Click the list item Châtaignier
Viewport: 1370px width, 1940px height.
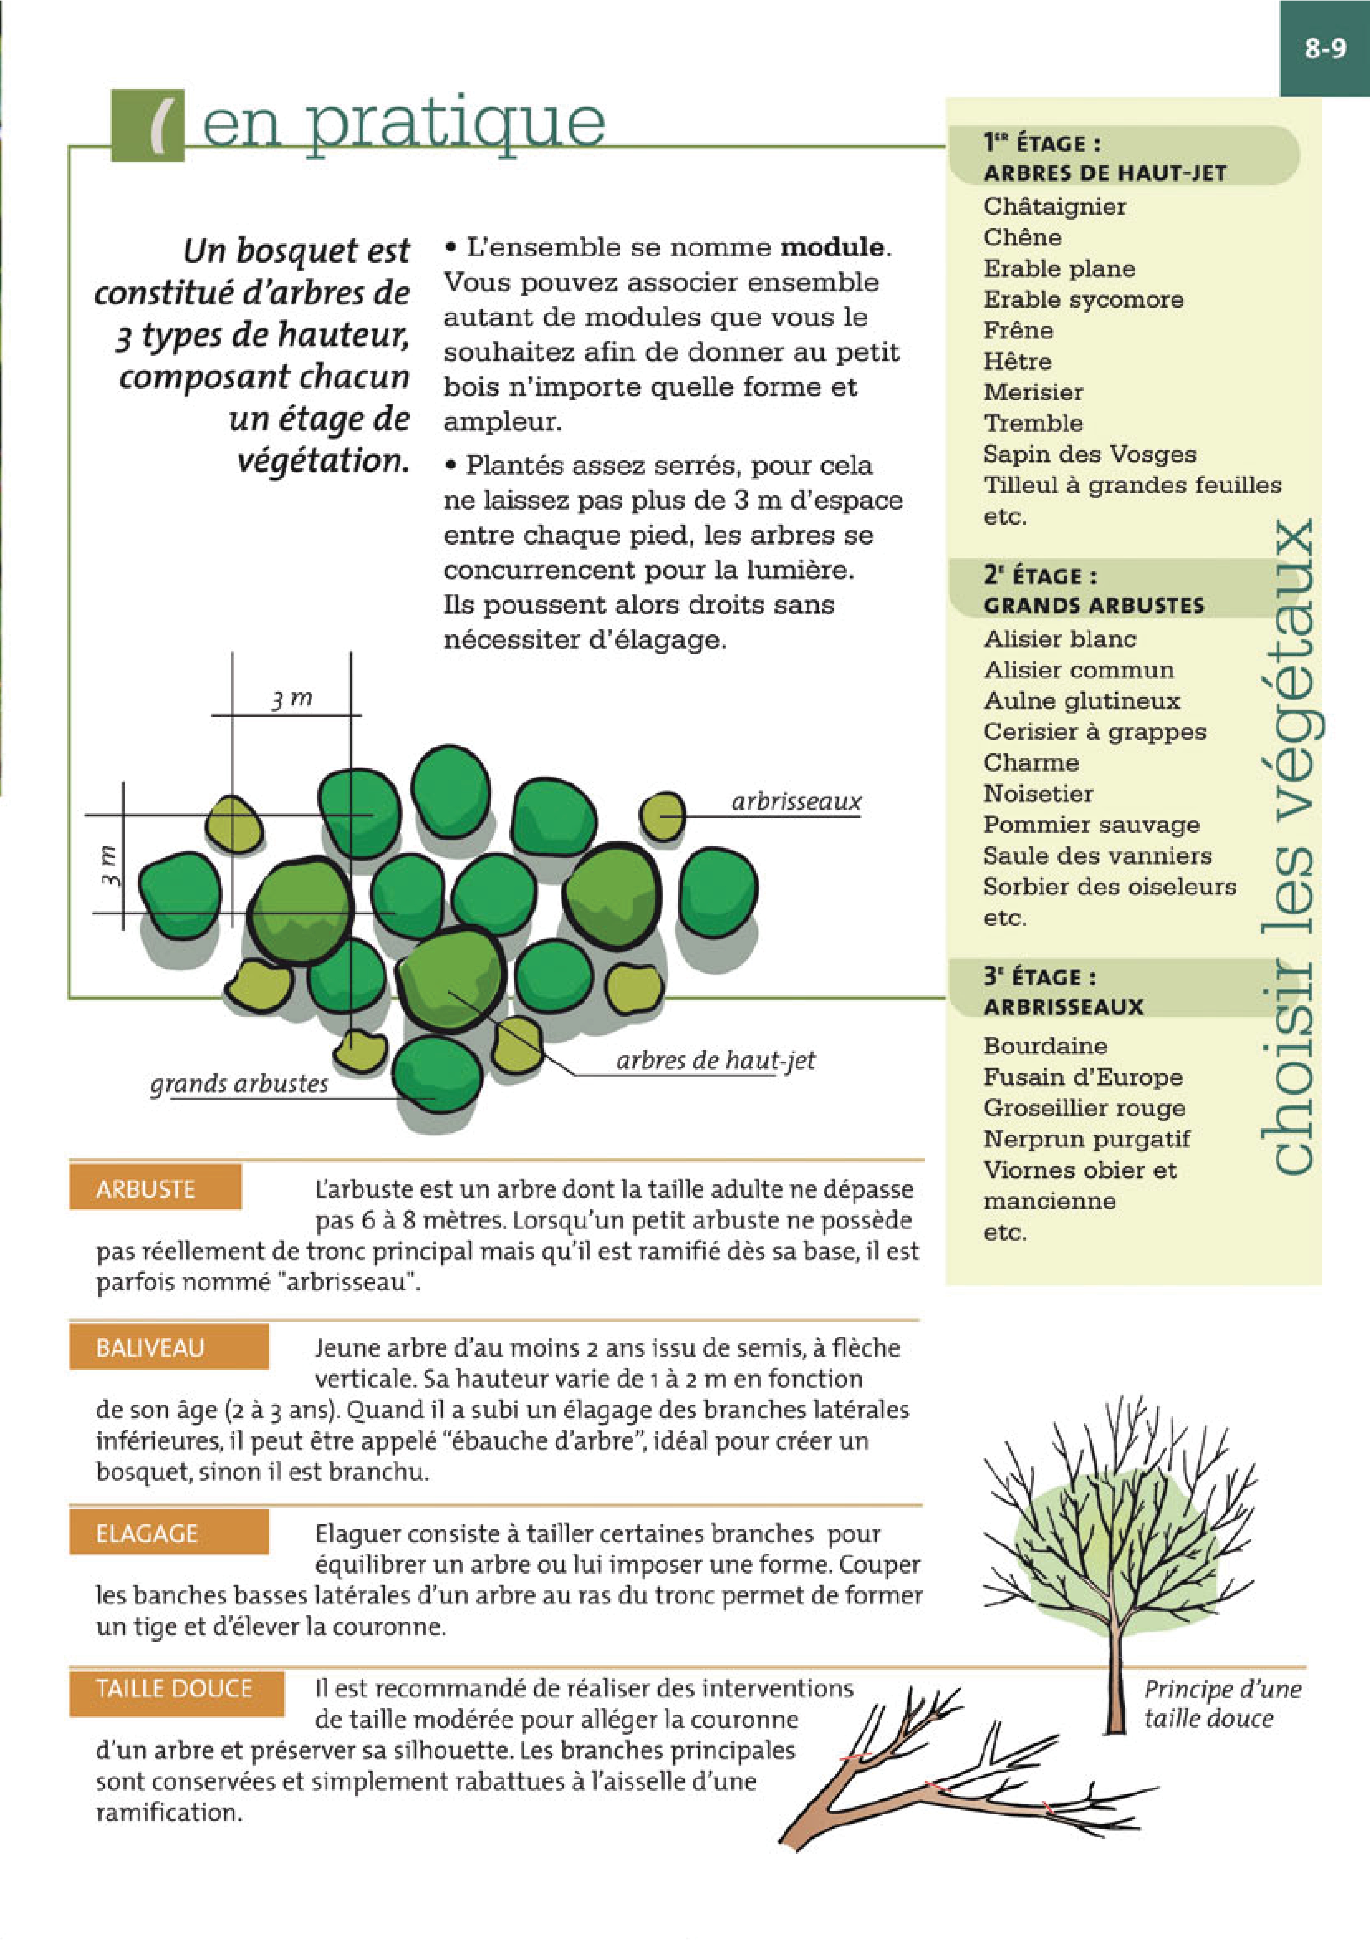1054,206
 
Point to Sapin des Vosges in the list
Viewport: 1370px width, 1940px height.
1090,455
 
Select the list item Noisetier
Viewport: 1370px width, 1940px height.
1038,793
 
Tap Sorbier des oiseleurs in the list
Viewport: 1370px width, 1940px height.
1109,886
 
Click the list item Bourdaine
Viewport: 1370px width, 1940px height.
1045,1046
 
